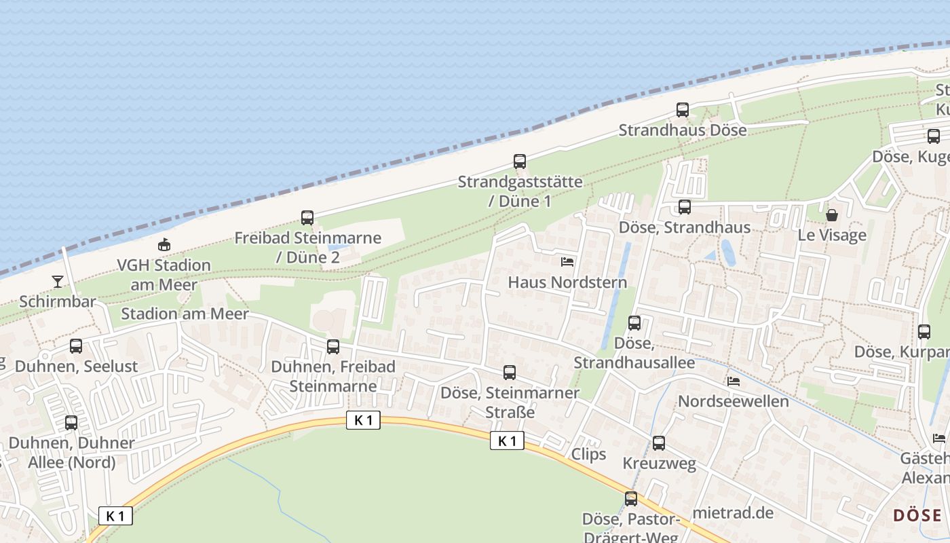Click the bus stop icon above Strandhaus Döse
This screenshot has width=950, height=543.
pos(683,110)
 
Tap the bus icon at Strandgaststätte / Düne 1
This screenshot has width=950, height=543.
pos(520,162)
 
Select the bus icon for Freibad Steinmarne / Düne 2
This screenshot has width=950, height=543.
pos(307,218)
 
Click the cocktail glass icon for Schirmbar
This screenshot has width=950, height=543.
pos(58,282)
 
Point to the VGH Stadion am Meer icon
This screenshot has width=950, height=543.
pos(164,245)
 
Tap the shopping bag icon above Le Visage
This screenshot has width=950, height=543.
pos(832,215)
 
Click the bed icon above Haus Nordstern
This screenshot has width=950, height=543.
pos(567,261)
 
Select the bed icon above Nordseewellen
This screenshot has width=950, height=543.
pos(734,381)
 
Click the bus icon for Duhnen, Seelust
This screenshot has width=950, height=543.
pos(76,346)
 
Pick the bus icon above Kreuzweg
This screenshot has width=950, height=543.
pos(659,444)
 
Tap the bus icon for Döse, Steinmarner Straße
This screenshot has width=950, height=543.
pos(510,373)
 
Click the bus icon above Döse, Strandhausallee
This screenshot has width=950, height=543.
pos(634,323)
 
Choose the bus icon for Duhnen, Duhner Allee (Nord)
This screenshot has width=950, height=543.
pos(71,423)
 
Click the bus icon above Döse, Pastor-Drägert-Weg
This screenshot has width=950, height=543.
pos(631,499)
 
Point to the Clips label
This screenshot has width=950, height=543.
pos(589,454)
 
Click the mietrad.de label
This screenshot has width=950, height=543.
pos(734,512)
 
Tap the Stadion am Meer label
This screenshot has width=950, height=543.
pos(185,314)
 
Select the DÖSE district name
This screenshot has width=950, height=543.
pos(917,515)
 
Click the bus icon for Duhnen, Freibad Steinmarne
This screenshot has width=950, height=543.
pos(333,347)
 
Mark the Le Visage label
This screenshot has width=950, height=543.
pos(832,236)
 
